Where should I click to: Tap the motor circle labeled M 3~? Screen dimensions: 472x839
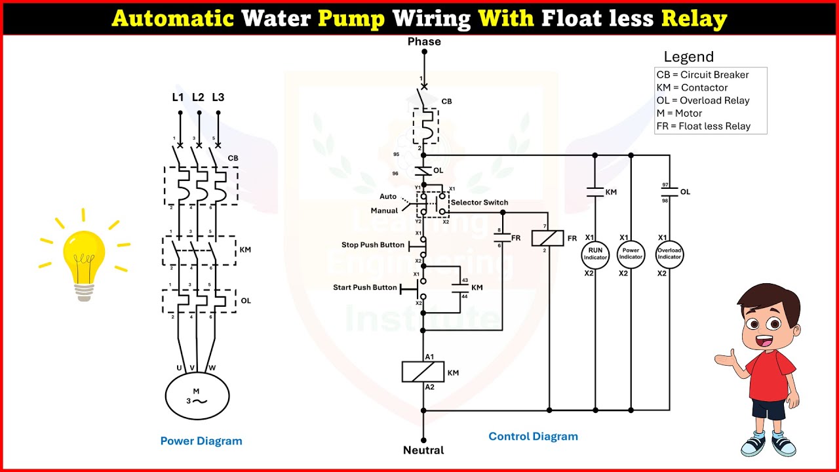point(197,396)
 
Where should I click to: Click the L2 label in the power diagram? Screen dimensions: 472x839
point(198,98)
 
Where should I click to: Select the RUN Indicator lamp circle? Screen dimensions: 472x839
point(595,254)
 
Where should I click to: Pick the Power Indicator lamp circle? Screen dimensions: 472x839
point(631,254)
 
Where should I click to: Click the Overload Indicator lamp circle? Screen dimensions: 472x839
point(669,254)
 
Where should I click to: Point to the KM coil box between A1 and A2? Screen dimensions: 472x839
point(423,372)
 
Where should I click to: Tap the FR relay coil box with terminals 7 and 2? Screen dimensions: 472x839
point(548,237)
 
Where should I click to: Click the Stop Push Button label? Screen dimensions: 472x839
point(373,245)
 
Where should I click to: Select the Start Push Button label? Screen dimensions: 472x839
point(365,288)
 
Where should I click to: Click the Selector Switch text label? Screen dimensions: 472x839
point(479,203)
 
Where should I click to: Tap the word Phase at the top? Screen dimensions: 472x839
point(424,42)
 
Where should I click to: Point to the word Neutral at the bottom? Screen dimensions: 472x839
point(423,450)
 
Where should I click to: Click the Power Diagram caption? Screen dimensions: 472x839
point(201,441)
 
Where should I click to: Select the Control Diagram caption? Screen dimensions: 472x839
point(533,437)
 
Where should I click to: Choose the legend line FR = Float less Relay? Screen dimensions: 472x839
point(703,126)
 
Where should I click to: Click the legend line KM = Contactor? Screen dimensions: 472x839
point(692,88)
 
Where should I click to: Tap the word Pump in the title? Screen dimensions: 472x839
point(351,18)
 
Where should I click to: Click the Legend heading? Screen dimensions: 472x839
point(688,57)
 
